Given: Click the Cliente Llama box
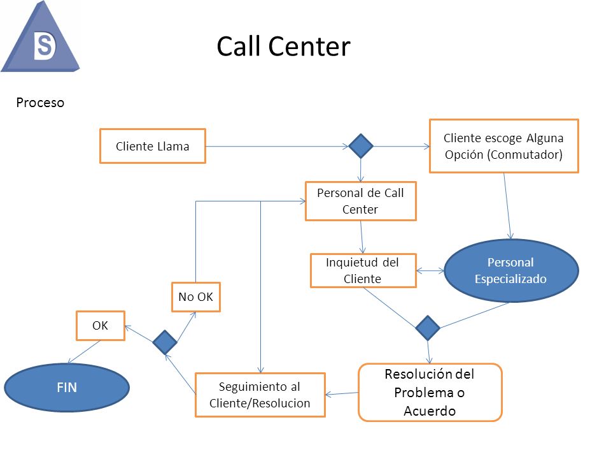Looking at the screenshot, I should click(153, 146).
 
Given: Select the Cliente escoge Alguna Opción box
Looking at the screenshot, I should click(503, 146).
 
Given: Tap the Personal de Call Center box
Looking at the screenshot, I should click(360, 201).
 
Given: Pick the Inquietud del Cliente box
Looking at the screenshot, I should click(363, 271).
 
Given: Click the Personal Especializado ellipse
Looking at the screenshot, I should click(510, 270).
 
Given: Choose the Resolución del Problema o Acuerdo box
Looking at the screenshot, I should click(430, 392).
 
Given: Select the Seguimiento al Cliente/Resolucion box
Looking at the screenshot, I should click(260, 395).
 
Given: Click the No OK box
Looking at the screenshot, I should click(195, 296).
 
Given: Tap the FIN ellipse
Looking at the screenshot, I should click(67, 386).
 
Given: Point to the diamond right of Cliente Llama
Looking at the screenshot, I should click(361, 146).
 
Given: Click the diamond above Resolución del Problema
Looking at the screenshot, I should click(428, 328).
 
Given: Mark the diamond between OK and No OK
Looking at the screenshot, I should click(165, 342).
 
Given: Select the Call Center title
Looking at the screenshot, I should click(283, 47).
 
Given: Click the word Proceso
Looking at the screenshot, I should click(40, 102).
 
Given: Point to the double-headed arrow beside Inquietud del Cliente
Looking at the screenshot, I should click(431, 271).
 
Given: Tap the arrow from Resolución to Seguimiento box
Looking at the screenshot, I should click(342, 393).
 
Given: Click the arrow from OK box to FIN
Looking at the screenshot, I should click(83, 352).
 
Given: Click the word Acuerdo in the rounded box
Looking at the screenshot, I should click(430, 411).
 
